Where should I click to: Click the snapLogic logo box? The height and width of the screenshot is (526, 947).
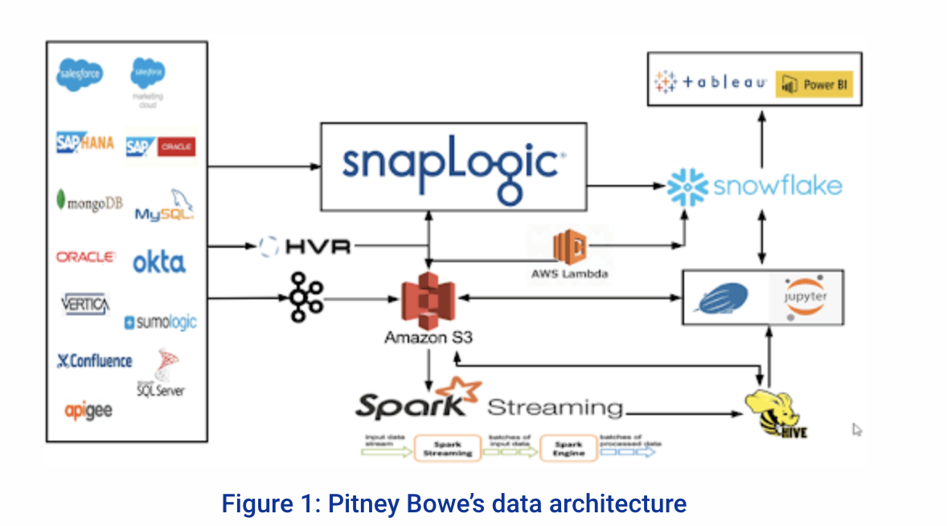pos(453,166)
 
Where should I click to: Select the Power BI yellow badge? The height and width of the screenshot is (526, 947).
pos(814,84)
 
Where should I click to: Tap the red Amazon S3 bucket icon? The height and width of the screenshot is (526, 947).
pos(428,300)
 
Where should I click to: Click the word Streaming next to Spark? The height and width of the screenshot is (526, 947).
pos(555,407)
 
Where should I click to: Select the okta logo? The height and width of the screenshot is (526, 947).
pos(158,261)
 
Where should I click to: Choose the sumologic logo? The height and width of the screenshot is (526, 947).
pos(160,323)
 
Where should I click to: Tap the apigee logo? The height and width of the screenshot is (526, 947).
pos(88,411)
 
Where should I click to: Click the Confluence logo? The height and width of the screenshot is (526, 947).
pos(94,361)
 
